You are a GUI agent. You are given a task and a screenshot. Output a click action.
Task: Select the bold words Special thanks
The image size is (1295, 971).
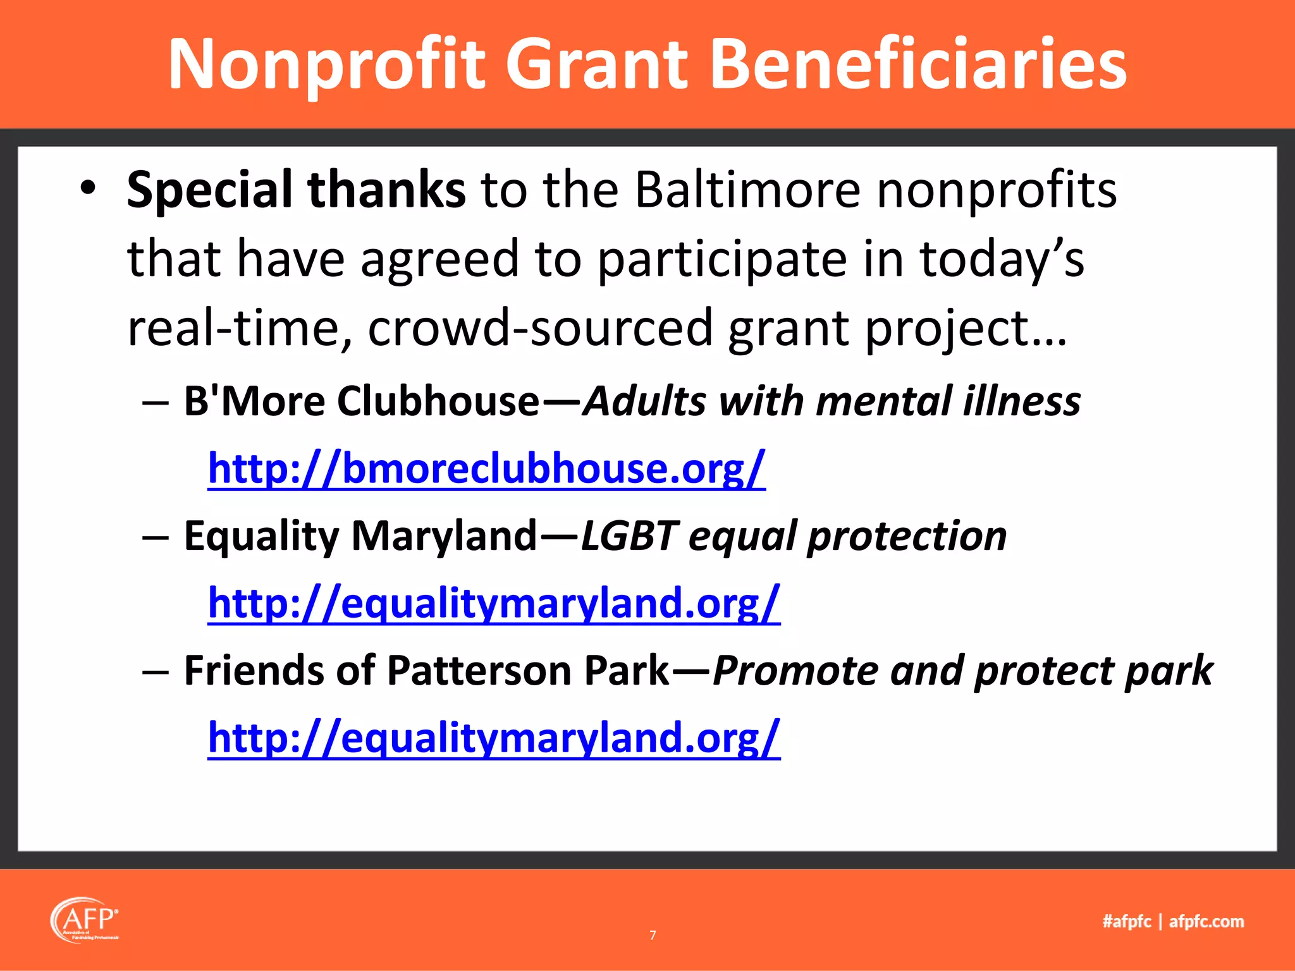pyautogui.click(x=296, y=190)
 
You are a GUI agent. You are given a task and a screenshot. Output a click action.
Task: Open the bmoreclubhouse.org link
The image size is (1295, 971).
pyautogui.click(x=486, y=468)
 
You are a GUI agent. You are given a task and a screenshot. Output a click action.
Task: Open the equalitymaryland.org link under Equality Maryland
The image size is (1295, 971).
pyautogui.click(x=494, y=602)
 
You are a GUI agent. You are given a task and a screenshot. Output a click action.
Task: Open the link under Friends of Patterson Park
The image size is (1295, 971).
pyautogui.click(x=494, y=737)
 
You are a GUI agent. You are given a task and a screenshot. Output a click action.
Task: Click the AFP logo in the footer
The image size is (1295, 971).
pyautogui.click(x=85, y=920)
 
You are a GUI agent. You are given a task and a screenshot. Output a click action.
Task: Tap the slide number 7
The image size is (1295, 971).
pyautogui.click(x=653, y=935)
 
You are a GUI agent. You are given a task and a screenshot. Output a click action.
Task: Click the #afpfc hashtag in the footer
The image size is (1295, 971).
pyautogui.click(x=1126, y=922)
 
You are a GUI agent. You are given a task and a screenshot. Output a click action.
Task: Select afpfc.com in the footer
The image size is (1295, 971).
pyautogui.click(x=1206, y=922)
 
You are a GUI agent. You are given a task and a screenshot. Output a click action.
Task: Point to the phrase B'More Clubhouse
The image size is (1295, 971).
pyautogui.click(x=361, y=401)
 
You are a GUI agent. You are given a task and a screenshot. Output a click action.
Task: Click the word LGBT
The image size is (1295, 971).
pyautogui.click(x=629, y=536)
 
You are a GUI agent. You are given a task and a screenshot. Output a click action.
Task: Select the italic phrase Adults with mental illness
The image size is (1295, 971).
pyautogui.click(x=831, y=401)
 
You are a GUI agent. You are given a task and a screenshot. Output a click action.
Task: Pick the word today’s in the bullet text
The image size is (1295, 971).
pyautogui.click(x=1002, y=259)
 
